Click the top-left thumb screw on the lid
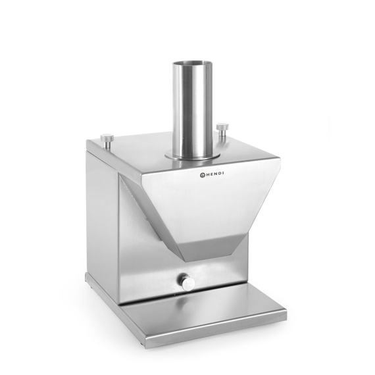tap(107, 139)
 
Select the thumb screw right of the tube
tap(222, 128)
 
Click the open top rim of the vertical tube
tap(193, 63)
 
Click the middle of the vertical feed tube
tap(193, 109)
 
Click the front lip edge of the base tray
tap(217, 334)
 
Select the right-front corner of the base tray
tap(284, 315)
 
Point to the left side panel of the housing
tap(102, 217)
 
